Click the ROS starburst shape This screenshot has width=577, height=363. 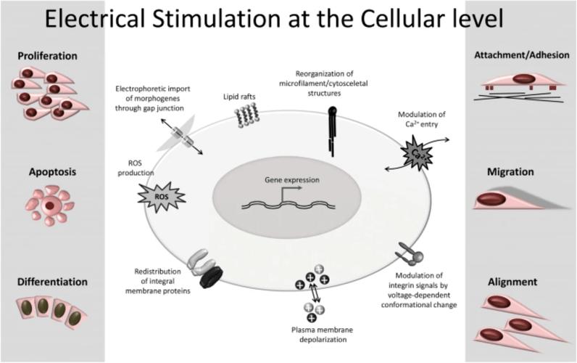tap(161, 197)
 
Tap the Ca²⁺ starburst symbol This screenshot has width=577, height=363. tap(416, 152)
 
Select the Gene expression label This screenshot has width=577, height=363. tap(292, 180)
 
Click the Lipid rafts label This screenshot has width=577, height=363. tap(239, 97)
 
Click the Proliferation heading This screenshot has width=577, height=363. tap(47, 56)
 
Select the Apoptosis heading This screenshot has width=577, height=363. tap(53, 172)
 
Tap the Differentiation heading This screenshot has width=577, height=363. tap(52, 282)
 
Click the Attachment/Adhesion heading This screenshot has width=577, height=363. tap(522, 55)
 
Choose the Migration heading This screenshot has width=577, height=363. tap(510, 172)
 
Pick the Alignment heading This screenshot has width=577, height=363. tap(512, 282)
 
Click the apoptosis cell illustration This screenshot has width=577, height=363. tap(50, 205)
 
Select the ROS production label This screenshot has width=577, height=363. tap(136, 168)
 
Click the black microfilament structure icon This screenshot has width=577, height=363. tap(332, 131)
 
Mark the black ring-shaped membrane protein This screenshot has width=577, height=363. tap(211, 277)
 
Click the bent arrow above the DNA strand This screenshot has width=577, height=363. tap(291, 192)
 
